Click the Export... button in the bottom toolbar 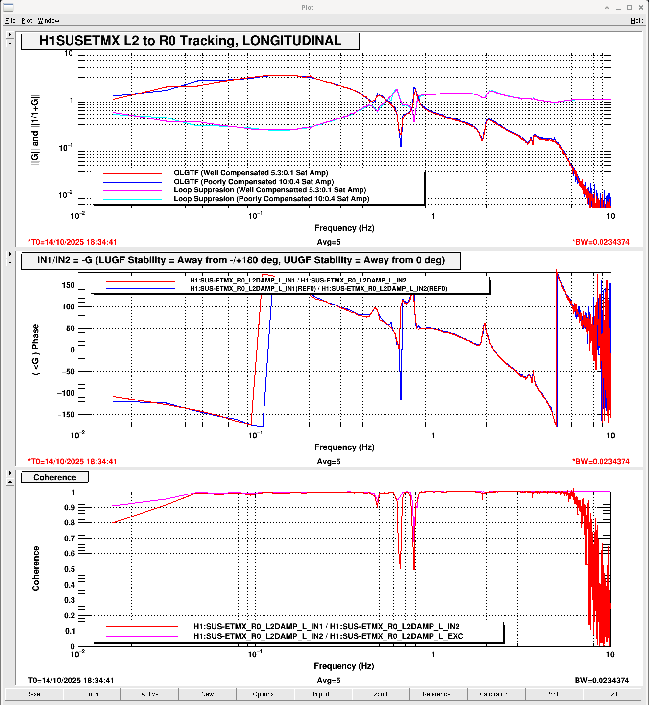click(x=381, y=694)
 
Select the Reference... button click(x=438, y=694)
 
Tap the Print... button click(x=554, y=694)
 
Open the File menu click(x=10, y=21)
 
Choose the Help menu click(x=637, y=21)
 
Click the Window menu click(x=48, y=21)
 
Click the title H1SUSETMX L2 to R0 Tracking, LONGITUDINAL click(x=190, y=41)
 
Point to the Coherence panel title click(x=55, y=477)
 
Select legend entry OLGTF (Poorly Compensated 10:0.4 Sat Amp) click(x=254, y=182)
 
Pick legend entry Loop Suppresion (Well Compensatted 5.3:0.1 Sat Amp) click(x=270, y=190)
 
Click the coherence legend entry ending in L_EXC click(x=328, y=636)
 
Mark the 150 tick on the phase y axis click(x=69, y=285)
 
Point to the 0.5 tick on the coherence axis click(x=70, y=569)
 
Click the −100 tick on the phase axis click(x=66, y=393)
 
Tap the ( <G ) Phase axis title click(x=35, y=350)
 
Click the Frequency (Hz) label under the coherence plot click(x=344, y=666)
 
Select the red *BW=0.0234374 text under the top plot click(x=601, y=242)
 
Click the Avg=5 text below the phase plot click(x=329, y=461)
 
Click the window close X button click(x=641, y=7)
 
